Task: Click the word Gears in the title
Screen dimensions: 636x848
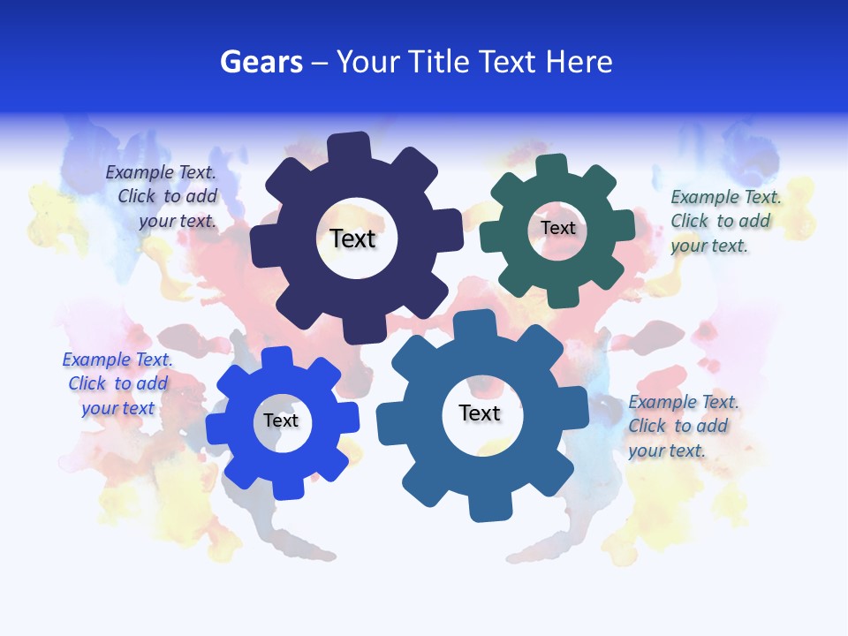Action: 261,62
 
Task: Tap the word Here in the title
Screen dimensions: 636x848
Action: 578,62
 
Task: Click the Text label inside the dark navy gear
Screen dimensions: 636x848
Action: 352,238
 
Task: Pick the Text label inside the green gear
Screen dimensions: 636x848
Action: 557,228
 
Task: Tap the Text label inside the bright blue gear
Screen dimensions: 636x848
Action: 281,420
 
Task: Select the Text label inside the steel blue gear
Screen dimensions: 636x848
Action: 480,413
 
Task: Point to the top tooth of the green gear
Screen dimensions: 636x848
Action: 551,165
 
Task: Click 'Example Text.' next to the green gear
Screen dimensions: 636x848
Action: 726,197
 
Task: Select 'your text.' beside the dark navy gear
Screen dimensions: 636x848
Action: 178,221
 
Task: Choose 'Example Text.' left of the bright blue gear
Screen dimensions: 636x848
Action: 117,360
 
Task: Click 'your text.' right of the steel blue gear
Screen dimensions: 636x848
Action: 667,450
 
